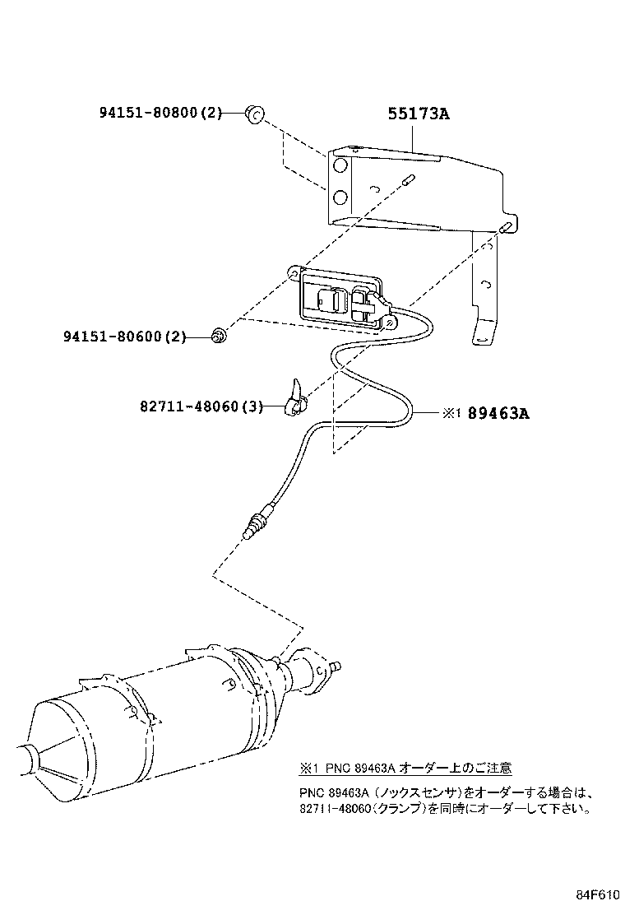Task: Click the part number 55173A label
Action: pyautogui.click(x=419, y=114)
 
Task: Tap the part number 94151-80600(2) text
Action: pyautogui.click(x=124, y=336)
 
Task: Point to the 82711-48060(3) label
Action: pyautogui.click(x=199, y=406)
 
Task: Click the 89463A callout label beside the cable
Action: pyautogui.click(x=498, y=413)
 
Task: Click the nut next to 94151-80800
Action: pyautogui.click(x=254, y=114)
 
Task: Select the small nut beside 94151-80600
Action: pyautogui.click(x=218, y=335)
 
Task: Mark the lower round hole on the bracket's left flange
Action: pyautogui.click(x=337, y=197)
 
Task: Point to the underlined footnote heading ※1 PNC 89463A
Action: pyautogui.click(x=405, y=768)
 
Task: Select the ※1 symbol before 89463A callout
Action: pyautogui.click(x=451, y=414)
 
